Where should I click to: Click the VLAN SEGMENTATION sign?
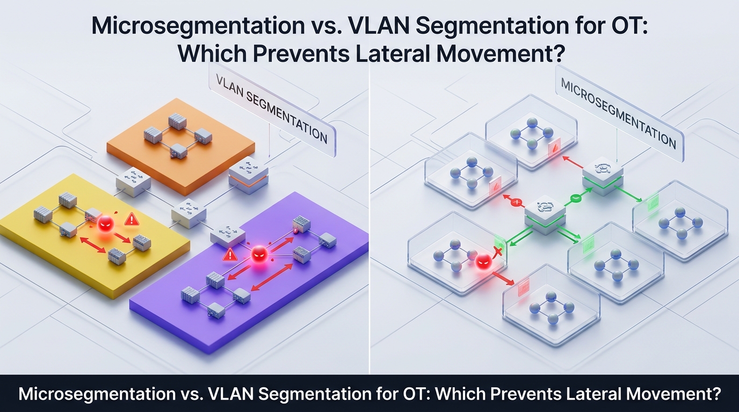[271, 109]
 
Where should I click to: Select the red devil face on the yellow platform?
[106, 223]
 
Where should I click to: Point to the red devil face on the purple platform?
[259, 254]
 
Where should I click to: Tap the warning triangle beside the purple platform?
[230, 254]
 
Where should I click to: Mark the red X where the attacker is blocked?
[498, 253]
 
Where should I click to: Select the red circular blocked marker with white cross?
[518, 203]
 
